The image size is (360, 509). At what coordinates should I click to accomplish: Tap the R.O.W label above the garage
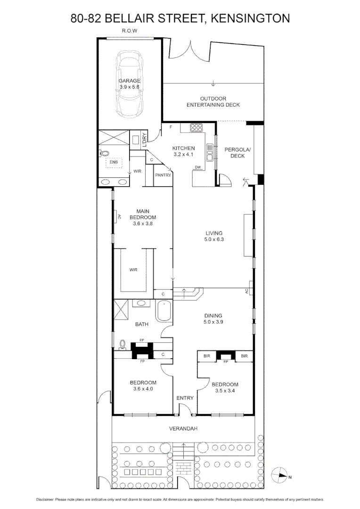click(129, 31)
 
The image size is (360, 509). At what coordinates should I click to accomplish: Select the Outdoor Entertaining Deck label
click(213, 102)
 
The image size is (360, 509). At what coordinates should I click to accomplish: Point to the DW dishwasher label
click(198, 167)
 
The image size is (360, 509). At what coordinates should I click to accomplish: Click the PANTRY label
click(163, 175)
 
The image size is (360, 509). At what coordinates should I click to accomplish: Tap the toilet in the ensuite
click(105, 153)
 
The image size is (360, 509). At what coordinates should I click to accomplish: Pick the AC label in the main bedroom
click(119, 216)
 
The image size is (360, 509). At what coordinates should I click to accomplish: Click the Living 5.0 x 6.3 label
click(213, 236)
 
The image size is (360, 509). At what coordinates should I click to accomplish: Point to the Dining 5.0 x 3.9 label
click(213, 319)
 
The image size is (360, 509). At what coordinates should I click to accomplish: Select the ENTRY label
click(185, 398)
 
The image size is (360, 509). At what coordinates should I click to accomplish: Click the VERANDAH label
click(182, 429)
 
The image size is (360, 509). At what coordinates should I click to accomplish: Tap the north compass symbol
click(281, 476)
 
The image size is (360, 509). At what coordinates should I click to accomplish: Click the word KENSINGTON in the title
click(250, 18)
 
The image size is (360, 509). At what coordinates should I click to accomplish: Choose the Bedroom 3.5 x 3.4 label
click(225, 387)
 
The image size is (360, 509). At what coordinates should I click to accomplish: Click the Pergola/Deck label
click(238, 153)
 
